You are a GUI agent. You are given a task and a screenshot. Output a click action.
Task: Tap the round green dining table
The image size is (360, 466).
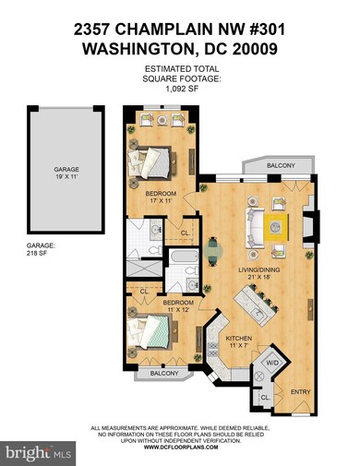click(x=215, y=249)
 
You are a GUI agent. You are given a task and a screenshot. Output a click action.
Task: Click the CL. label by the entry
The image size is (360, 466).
click(x=265, y=398)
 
